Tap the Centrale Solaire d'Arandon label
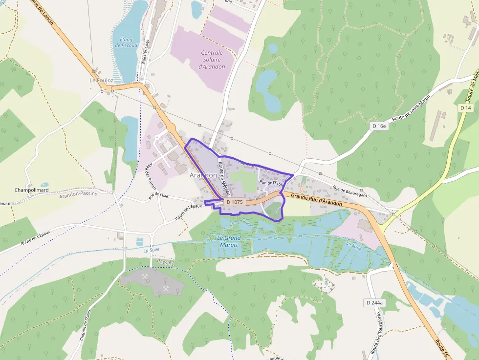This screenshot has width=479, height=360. click(x=212, y=60)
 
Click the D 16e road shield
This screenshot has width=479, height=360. click(x=379, y=126)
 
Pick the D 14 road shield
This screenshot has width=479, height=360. click(x=465, y=107)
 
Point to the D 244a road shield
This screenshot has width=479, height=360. click(x=375, y=303)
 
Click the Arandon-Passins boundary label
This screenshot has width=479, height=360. click(x=78, y=194)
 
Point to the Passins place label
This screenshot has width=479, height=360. click(x=166, y=263)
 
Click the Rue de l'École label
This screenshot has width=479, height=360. click(x=271, y=183)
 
